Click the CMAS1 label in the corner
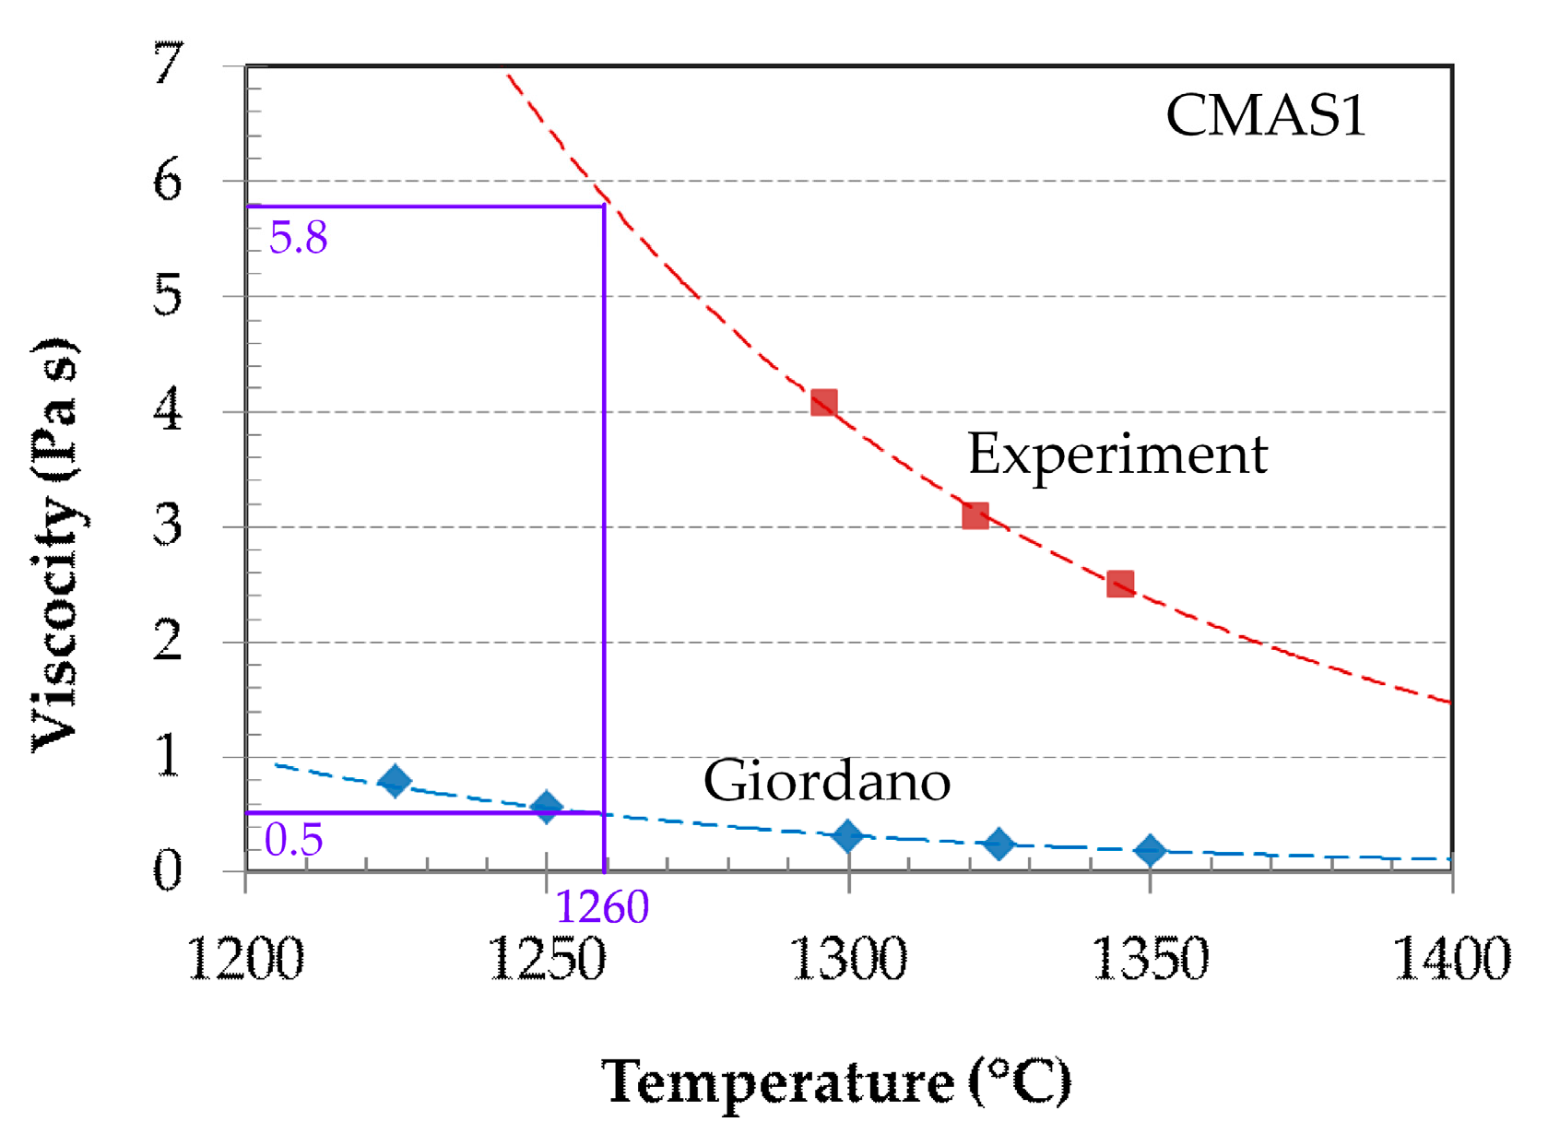(x=1265, y=116)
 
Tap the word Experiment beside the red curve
(x=1117, y=455)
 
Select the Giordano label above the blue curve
(x=826, y=782)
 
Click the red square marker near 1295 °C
(x=823, y=403)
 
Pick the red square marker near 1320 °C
(x=975, y=516)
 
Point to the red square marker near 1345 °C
(x=1119, y=584)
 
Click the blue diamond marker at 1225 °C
(x=395, y=781)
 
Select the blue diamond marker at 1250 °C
(x=546, y=807)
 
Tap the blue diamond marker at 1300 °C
(x=847, y=836)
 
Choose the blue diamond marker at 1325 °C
(x=999, y=844)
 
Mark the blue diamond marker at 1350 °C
(x=1150, y=850)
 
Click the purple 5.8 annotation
(x=298, y=238)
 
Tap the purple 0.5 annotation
(x=293, y=840)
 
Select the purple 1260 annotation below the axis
(x=602, y=907)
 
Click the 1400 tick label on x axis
(x=1449, y=959)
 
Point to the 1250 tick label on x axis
(x=546, y=959)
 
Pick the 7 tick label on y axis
(x=168, y=65)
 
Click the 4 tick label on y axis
(x=168, y=410)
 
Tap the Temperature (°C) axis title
(x=835, y=1081)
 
